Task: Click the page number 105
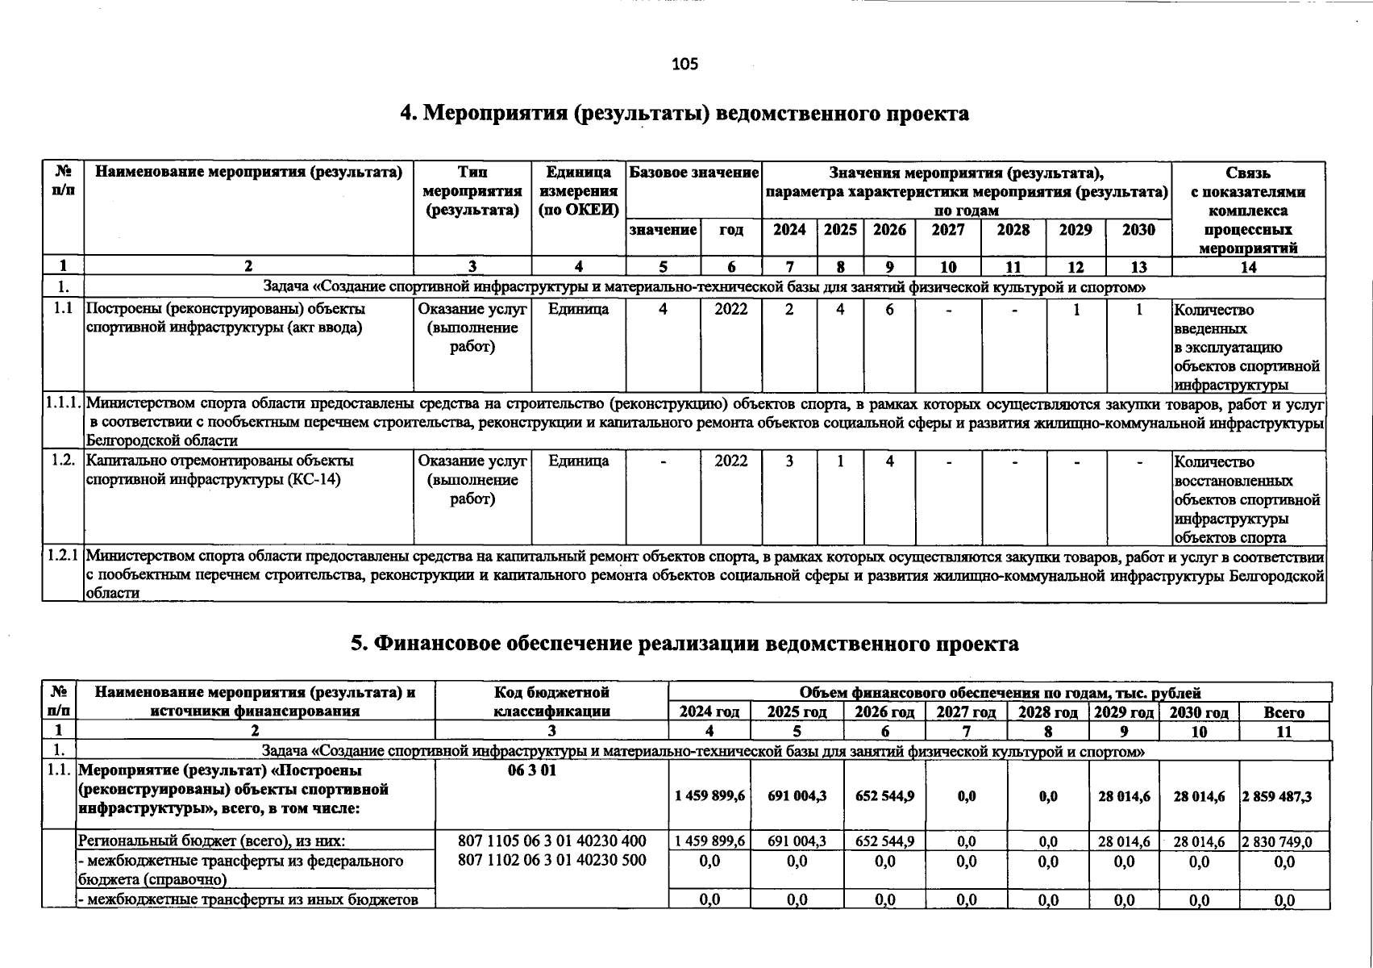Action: (x=684, y=64)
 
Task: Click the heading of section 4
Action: (x=684, y=114)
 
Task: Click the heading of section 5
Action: (x=684, y=644)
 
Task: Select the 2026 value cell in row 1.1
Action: (x=889, y=309)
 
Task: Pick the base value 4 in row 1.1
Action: (x=662, y=309)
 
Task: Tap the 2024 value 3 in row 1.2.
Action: (x=789, y=461)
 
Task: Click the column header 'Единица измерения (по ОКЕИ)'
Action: (x=578, y=191)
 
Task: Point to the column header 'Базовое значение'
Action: (x=693, y=173)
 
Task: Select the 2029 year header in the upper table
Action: (x=1076, y=230)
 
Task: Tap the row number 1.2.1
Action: (x=63, y=556)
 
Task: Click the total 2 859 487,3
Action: (x=1283, y=796)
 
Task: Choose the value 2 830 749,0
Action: (x=1283, y=842)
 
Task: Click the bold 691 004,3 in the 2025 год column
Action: (x=797, y=796)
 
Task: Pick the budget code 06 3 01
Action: (x=532, y=770)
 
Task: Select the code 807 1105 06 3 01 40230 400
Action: (x=551, y=841)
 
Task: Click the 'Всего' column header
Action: (x=1284, y=712)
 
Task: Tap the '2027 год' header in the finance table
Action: (x=966, y=712)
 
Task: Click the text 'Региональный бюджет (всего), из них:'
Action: (x=212, y=841)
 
